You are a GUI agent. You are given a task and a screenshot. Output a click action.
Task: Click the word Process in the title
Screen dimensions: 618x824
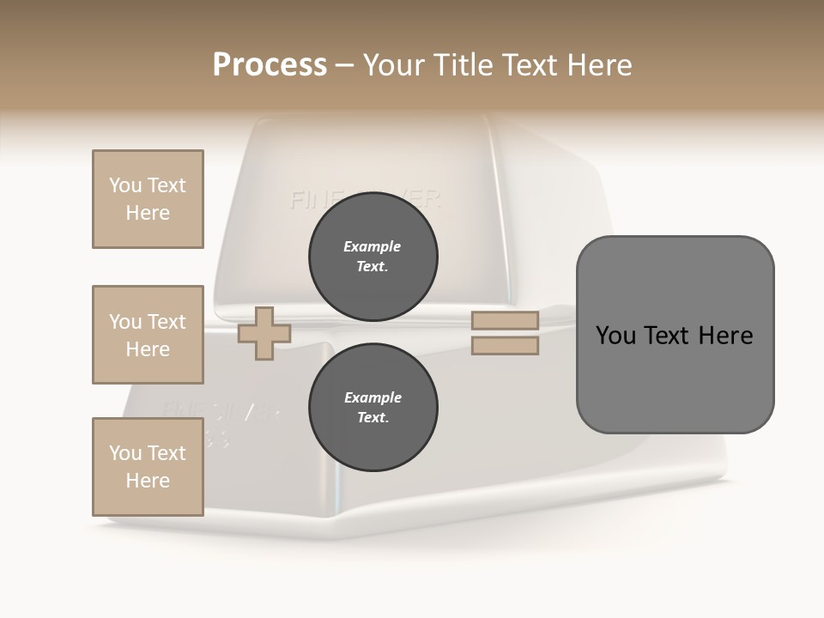click(270, 65)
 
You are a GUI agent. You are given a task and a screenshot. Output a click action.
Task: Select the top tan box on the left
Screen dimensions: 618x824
click(148, 199)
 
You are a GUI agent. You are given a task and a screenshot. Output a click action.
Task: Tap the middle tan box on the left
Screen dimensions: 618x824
click(148, 335)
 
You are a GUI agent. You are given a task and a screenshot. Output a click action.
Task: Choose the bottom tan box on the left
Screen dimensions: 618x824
click(148, 467)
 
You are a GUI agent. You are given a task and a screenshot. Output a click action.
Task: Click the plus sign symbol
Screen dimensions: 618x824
click(264, 334)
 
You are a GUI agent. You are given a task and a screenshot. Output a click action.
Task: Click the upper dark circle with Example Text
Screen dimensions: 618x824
click(373, 257)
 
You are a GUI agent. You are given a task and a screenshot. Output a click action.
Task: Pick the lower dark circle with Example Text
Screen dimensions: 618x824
click(373, 408)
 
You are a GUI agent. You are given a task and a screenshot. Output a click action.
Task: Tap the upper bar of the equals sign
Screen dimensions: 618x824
click(505, 321)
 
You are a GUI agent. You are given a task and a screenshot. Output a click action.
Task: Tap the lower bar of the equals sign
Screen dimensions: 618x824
click(505, 346)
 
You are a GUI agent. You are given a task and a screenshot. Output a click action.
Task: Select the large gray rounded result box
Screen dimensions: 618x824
click(675, 335)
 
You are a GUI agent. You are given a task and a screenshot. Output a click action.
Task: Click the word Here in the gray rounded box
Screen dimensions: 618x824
click(726, 336)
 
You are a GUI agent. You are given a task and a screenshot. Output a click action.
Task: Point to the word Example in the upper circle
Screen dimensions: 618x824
click(373, 246)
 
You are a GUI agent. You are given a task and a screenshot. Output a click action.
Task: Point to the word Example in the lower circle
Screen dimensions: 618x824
click(373, 397)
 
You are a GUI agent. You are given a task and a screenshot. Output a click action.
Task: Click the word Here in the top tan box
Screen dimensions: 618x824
click(148, 213)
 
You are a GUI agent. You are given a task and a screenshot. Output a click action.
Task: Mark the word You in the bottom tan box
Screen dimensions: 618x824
click(124, 453)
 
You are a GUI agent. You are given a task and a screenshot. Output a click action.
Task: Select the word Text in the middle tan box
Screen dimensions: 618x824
click(167, 322)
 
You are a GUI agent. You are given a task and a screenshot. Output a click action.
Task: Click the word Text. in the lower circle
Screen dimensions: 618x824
click(373, 418)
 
